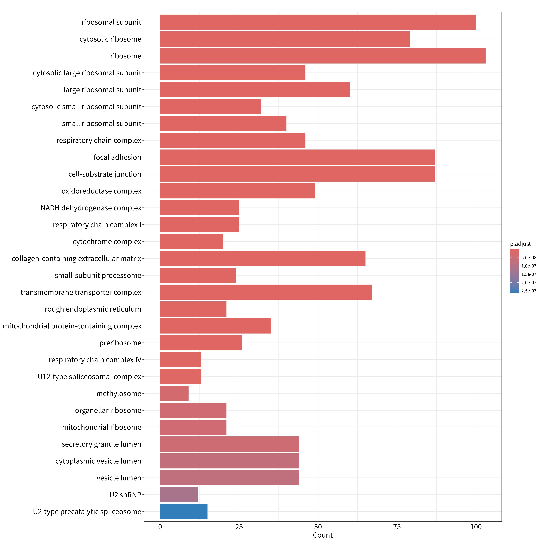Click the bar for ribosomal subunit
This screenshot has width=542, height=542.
(318, 22)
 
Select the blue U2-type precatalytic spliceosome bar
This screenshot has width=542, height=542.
(184, 511)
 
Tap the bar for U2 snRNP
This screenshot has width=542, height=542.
(179, 495)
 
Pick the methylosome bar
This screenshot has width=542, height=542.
(174, 393)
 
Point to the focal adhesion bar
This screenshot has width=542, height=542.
(297, 157)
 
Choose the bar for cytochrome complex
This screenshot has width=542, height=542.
(192, 242)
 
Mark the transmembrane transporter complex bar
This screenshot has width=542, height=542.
(266, 292)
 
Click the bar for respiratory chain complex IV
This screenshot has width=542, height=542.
(181, 360)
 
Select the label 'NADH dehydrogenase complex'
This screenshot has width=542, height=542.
(91, 208)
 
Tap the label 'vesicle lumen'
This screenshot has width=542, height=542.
(119, 478)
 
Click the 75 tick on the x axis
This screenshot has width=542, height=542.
(397, 527)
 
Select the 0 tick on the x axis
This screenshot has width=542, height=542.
(160, 527)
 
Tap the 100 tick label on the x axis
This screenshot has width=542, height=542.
(476, 527)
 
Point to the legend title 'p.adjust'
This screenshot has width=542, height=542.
(520, 244)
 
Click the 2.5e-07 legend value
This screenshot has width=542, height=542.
(529, 291)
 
